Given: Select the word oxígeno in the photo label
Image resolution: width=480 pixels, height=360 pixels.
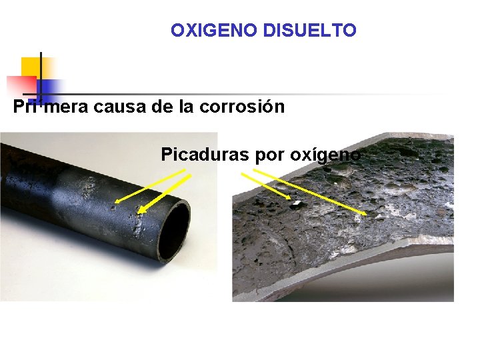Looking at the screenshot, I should [325, 155].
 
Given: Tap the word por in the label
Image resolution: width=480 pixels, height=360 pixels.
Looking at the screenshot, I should [269, 155].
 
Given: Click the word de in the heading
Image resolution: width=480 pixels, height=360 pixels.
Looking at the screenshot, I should [161, 107].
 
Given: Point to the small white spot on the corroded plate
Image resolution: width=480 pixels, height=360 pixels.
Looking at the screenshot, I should [295, 202].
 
